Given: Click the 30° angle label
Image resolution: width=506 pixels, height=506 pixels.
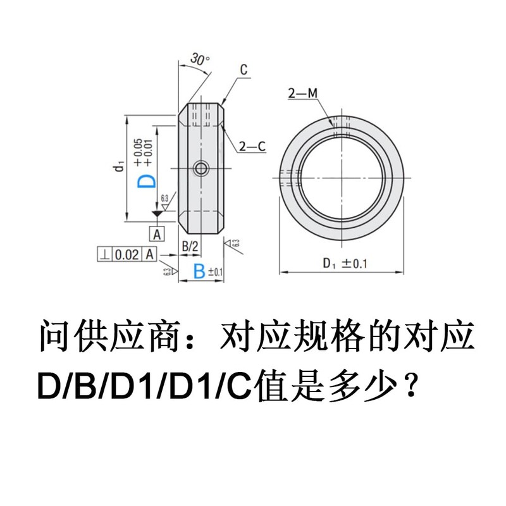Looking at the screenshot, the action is (x=199, y=61).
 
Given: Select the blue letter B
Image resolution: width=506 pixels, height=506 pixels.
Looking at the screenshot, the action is (x=199, y=271).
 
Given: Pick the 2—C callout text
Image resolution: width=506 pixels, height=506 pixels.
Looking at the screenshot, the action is (x=252, y=147).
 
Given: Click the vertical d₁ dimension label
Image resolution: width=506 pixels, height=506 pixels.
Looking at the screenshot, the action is (x=118, y=167).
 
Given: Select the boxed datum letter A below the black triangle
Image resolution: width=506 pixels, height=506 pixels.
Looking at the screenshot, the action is (x=157, y=233).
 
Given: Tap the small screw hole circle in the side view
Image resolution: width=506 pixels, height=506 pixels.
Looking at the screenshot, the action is (x=202, y=168).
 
